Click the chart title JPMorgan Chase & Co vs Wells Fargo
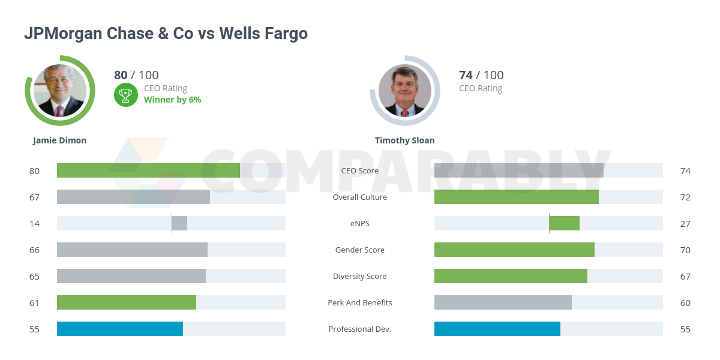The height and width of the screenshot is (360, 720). [x=166, y=34]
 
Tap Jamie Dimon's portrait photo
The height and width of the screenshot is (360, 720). [x=60, y=91]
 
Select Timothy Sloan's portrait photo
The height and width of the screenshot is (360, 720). [x=405, y=91]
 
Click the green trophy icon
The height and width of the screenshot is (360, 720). [x=125, y=94]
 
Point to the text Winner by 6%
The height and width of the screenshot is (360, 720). [x=172, y=100]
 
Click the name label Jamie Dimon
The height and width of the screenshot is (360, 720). [x=59, y=140]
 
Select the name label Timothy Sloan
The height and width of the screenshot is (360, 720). [x=404, y=140]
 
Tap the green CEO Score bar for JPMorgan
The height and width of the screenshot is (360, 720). [x=148, y=170]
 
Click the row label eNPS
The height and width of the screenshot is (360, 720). [x=360, y=224]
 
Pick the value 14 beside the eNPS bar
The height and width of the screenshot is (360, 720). [x=34, y=224]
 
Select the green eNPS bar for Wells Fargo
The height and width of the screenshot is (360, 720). [x=564, y=223]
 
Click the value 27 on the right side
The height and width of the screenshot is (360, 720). [x=685, y=224]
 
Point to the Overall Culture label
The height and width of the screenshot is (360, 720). [x=360, y=197]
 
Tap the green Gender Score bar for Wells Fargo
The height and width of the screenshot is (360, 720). [x=514, y=250]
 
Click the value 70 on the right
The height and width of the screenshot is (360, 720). [x=685, y=250]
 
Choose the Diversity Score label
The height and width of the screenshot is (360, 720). [x=360, y=277]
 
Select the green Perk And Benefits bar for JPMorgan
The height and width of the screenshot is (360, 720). [x=127, y=302]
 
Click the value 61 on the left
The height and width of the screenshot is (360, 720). [x=34, y=303]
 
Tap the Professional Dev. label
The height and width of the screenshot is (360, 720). [x=360, y=329]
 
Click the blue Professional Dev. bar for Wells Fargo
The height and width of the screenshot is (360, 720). [x=497, y=329]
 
